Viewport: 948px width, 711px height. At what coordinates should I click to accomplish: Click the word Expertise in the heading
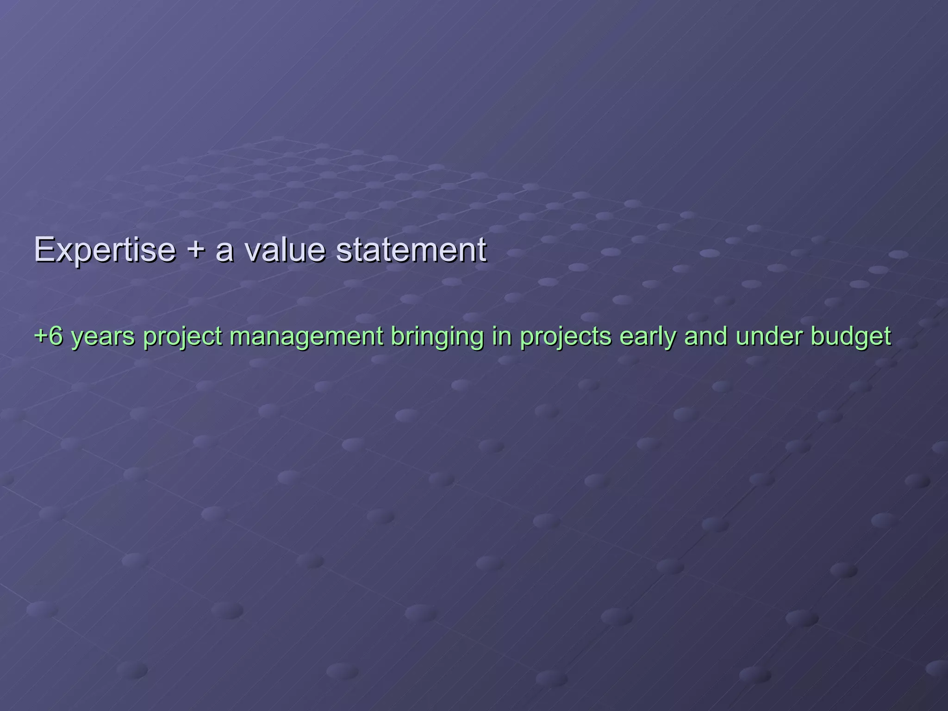click(105, 250)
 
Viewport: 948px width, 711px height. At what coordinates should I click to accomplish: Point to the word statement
click(411, 250)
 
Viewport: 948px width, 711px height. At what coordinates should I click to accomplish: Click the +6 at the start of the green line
click(48, 336)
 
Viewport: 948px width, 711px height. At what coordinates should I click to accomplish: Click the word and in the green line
click(705, 336)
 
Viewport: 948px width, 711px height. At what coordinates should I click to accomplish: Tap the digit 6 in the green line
click(55, 336)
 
